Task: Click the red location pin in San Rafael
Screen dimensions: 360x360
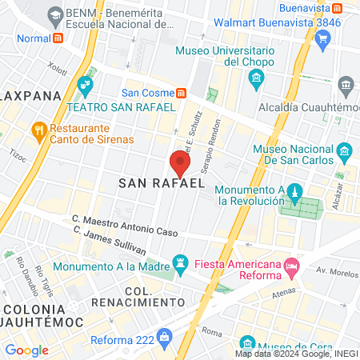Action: coord(180,163)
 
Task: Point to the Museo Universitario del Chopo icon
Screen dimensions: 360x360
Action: coord(256,78)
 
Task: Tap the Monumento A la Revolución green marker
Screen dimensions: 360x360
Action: coord(294,191)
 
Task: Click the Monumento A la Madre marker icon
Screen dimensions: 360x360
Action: coord(182,263)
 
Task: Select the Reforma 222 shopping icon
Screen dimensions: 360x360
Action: coord(165,336)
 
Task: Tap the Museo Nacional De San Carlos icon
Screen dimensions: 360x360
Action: coord(344,150)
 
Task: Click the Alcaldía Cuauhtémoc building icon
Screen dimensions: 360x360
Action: coord(346,85)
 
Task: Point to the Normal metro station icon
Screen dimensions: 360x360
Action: coord(58,38)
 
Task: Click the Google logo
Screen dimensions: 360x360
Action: coord(26,350)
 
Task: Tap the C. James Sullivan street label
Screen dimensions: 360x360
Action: coord(110,238)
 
